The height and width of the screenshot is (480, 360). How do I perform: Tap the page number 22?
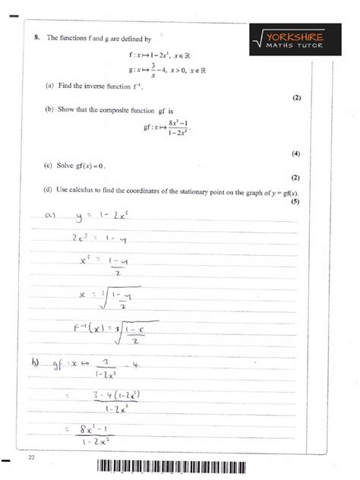tap(31, 457)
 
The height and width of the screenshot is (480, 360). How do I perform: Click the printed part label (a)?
tap(50, 87)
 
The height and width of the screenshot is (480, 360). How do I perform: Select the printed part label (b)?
tap(50, 109)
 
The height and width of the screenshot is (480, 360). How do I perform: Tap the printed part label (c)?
tap(50, 165)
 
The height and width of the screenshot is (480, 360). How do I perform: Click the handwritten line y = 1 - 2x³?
tap(106, 216)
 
